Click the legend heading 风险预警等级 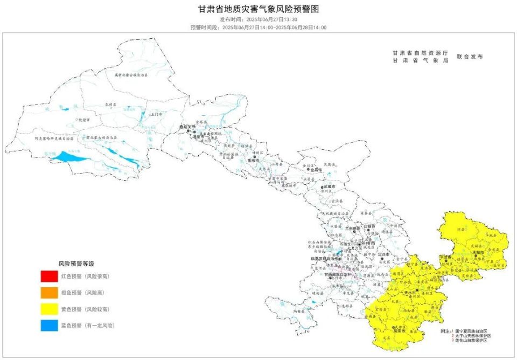point(76,264)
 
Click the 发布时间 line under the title point(258,19)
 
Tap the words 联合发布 point(470,57)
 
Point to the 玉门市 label point(156,115)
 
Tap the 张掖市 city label point(253,161)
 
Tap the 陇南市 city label point(400,331)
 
